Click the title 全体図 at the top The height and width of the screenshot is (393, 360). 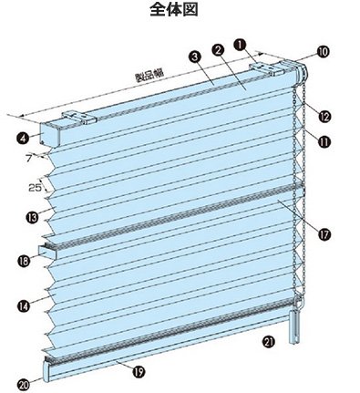click(174, 10)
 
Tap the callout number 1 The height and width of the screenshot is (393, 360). click(240, 45)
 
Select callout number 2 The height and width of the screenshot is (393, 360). click(218, 50)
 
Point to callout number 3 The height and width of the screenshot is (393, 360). click(194, 57)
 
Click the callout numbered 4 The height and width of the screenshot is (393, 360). click(23, 139)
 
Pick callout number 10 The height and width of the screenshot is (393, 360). click(323, 52)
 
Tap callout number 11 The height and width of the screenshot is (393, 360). click(324, 141)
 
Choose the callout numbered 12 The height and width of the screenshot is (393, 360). click(324, 116)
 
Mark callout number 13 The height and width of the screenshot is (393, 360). click(33, 217)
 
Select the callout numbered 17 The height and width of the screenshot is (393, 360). click(324, 234)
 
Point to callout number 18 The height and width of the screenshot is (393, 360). click(24, 261)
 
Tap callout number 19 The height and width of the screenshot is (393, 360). click(139, 371)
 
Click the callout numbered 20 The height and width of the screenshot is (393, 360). click(25, 386)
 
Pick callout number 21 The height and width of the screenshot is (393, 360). click(269, 342)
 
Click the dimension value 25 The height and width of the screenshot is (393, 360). click(35, 188)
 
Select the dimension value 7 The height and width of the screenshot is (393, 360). click(29, 159)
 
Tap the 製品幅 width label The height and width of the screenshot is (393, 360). click(149, 75)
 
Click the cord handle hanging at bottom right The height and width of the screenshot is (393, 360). click(294, 327)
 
